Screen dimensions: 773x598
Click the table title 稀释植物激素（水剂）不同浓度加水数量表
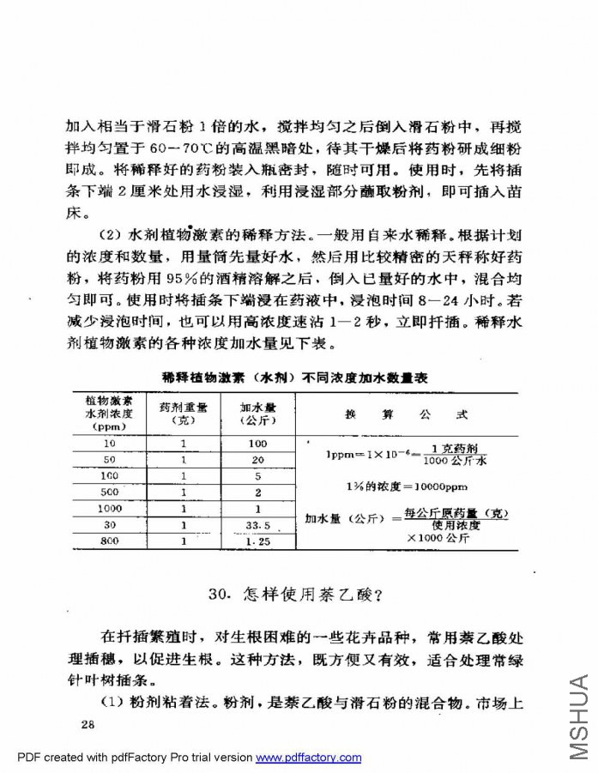pyautogui.click(x=295, y=377)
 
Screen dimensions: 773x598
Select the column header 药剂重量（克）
pyautogui.click(x=184, y=414)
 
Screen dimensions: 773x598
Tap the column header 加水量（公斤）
pyautogui.click(x=257, y=414)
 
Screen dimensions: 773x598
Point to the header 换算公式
pyautogui.click(x=407, y=414)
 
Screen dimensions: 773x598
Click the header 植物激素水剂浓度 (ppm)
pyautogui.click(x=109, y=414)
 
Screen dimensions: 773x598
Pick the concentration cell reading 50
pyautogui.click(x=109, y=459)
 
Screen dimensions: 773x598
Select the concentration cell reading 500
pyautogui.click(x=109, y=492)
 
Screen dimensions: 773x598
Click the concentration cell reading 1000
pyautogui.click(x=109, y=508)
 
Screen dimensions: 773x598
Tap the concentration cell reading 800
pyautogui.click(x=109, y=540)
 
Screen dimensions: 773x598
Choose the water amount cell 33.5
pyautogui.click(x=257, y=524)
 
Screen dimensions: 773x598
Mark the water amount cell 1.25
pyautogui.click(x=257, y=541)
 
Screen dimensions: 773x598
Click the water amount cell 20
pyautogui.click(x=257, y=459)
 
